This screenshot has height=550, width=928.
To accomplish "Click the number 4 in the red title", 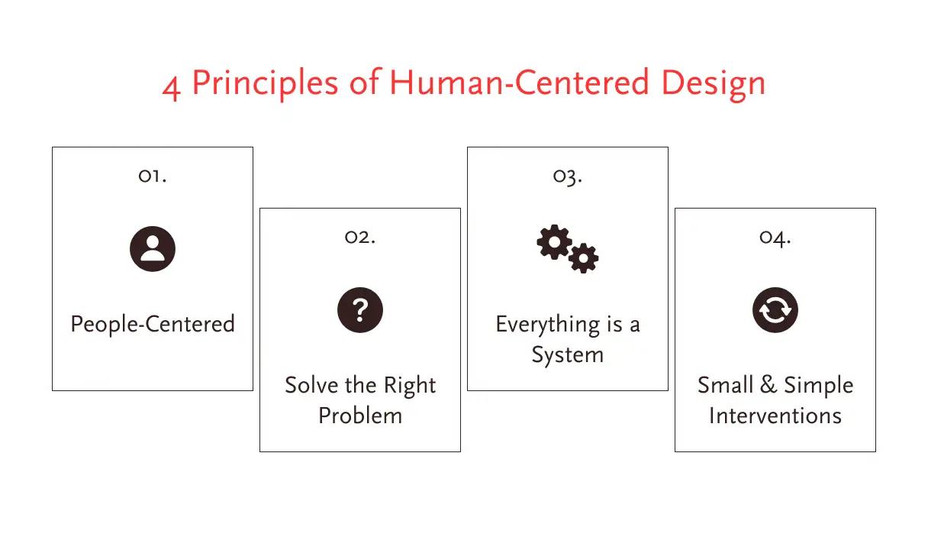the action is tap(172, 88).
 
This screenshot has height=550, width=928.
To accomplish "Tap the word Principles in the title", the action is tap(265, 84).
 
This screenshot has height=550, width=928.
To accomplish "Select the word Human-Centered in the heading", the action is tap(519, 82).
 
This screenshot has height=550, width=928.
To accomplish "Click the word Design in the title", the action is tap(713, 85).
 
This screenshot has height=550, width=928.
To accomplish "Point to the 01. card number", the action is tap(153, 176).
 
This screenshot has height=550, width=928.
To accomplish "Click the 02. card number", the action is tap(360, 238).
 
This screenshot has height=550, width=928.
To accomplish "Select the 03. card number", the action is tap(568, 177).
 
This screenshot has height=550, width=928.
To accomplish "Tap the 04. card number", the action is tap(775, 238).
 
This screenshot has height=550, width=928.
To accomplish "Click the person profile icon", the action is tap(153, 249).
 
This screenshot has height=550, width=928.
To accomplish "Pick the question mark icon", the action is tap(360, 310).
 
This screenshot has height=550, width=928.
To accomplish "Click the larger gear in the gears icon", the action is tap(554, 242).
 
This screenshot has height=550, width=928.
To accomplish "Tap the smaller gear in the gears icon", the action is tap(583, 258).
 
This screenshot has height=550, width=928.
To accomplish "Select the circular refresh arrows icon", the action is tap(775, 310).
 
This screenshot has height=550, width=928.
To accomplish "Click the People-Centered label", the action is tap(153, 325).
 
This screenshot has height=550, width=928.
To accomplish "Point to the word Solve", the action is tap(311, 385).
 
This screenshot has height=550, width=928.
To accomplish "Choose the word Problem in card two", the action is tap(360, 416).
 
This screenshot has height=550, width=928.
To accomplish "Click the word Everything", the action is tap(547, 325).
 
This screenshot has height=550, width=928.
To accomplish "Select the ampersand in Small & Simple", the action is tap(768, 384).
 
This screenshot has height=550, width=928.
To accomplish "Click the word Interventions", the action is tap(775, 416).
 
